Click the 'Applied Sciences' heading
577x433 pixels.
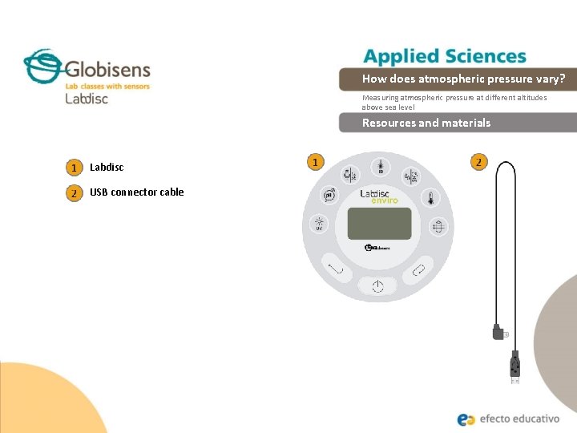[x=445, y=56]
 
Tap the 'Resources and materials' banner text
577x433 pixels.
[x=426, y=123]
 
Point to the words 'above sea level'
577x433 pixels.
[x=388, y=107]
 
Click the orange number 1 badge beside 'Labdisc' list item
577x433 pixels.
[x=74, y=168]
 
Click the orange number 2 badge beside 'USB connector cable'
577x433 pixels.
[x=74, y=192]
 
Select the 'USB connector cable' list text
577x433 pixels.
[x=136, y=192]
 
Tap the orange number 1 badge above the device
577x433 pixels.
[x=316, y=162]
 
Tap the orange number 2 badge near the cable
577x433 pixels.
[x=478, y=162]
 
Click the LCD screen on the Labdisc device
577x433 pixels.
[x=378, y=222]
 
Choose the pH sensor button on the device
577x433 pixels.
[x=328, y=196]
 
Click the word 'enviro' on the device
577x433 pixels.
[x=384, y=200]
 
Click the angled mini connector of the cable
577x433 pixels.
[x=499, y=331]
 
